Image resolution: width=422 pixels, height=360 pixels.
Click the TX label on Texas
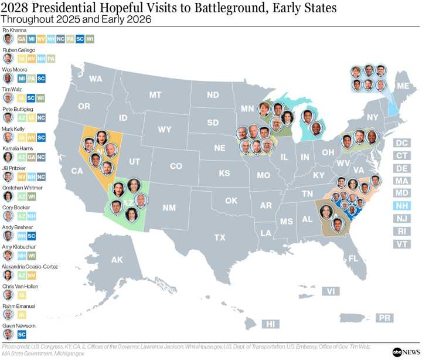(220, 237)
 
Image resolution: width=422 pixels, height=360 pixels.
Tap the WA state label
(96, 79)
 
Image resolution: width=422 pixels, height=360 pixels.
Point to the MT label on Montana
(155, 94)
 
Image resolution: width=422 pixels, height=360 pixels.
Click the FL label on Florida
(352, 258)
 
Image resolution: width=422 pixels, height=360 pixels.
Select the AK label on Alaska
(117, 260)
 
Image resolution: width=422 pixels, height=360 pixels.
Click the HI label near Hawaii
(270, 323)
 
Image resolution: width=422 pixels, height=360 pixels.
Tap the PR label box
(384, 317)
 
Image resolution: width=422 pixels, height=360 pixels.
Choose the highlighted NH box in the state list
(401, 206)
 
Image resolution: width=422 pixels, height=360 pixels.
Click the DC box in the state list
(401, 142)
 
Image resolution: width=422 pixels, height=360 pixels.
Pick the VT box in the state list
(401, 243)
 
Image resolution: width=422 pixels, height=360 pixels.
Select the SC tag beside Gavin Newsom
(22, 334)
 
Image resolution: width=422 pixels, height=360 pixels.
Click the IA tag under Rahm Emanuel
(22, 315)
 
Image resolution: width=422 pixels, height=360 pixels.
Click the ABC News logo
(406, 350)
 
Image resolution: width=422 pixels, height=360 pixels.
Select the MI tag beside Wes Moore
(22, 78)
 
